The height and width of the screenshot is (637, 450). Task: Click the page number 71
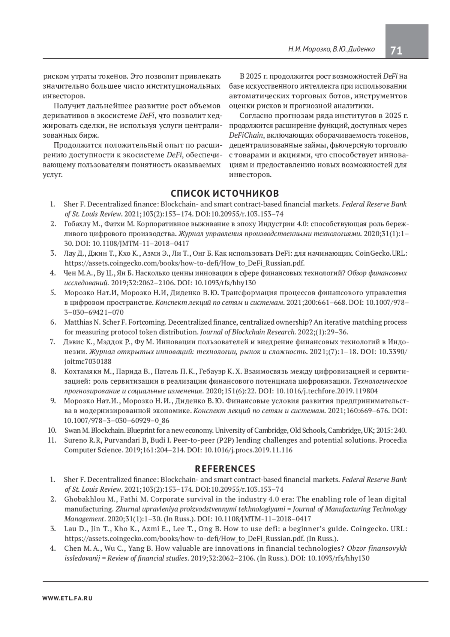point(396,50)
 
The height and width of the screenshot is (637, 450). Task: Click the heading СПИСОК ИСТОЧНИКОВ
point(225,193)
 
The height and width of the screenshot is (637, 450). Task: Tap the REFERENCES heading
point(225,469)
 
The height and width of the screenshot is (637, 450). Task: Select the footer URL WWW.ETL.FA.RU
point(67,598)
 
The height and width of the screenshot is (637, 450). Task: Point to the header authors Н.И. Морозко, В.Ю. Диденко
point(331,49)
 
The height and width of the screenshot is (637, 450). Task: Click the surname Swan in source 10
point(71,430)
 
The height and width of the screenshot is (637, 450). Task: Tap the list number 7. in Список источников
point(52,342)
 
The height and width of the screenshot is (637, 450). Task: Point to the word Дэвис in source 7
point(73,342)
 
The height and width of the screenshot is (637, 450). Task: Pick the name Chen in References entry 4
point(71,548)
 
